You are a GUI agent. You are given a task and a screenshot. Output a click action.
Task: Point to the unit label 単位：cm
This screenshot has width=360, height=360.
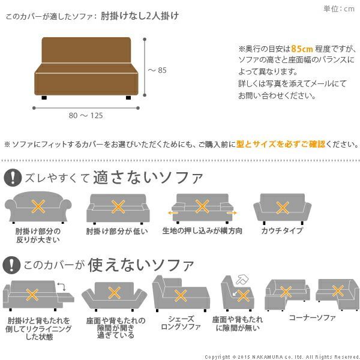point(339,8)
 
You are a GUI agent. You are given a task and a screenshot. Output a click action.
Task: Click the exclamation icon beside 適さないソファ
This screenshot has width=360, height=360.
point(12,178)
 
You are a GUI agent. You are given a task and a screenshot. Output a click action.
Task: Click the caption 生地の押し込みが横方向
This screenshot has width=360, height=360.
point(203,231)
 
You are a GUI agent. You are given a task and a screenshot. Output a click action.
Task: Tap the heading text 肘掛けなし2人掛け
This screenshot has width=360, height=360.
point(139,16)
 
